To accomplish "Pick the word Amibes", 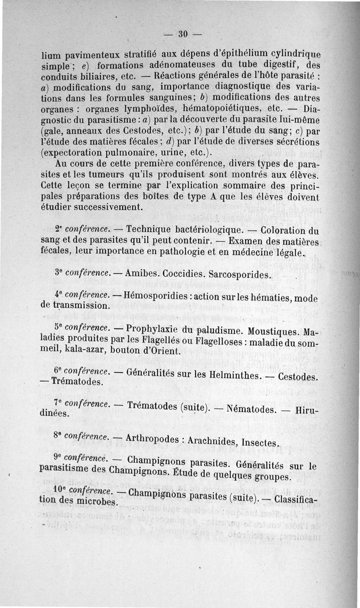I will (x=142, y=273).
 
